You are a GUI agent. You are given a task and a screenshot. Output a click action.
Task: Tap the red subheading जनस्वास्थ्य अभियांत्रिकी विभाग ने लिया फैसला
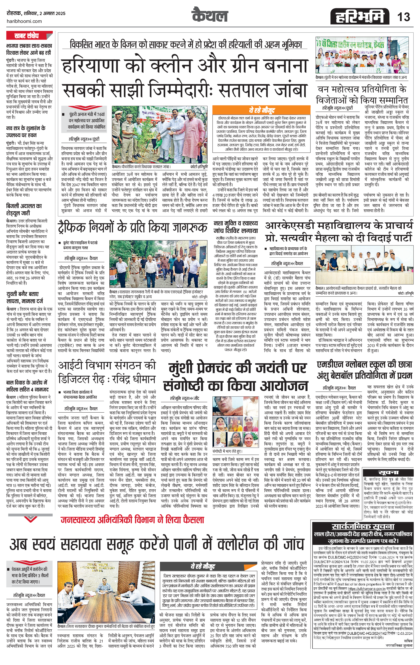(132, 520)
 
